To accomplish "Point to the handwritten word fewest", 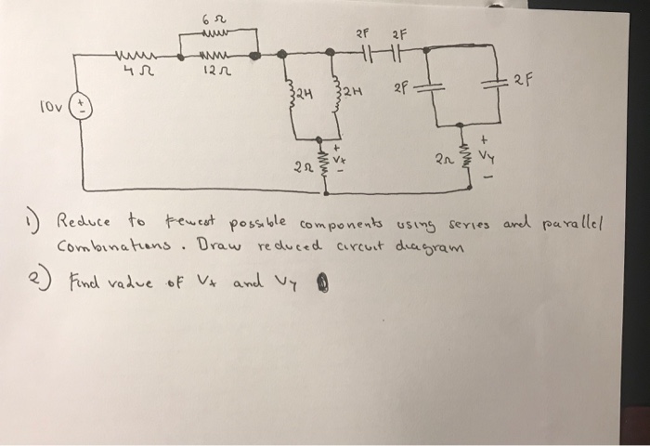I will pyautogui.click(x=193, y=221).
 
